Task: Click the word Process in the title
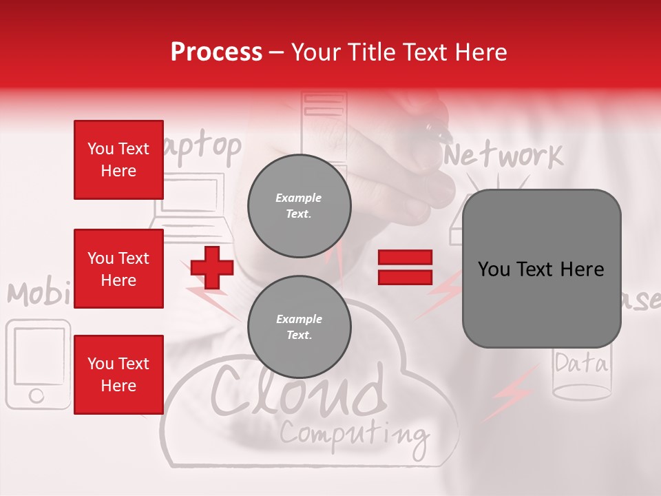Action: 216,52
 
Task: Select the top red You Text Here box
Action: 118,160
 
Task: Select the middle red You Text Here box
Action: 118,269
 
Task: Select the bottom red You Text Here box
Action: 118,375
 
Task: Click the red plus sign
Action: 211,267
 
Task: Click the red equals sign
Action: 405,267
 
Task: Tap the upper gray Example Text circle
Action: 299,206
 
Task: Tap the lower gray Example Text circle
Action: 299,327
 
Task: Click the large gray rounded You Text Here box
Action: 541,269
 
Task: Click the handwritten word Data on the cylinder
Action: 582,363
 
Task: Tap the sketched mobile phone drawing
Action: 38,364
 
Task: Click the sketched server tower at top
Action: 323,127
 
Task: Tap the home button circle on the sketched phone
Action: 36,395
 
